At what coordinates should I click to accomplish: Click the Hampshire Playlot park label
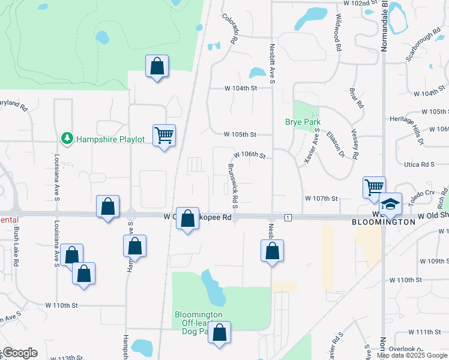point(110,139)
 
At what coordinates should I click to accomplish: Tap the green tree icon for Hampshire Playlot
point(67,139)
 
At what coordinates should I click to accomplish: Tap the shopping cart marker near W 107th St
point(373,188)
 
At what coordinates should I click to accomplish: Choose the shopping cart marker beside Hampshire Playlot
point(164,135)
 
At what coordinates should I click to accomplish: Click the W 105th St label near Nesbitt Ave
point(240,134)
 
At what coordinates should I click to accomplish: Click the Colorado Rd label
point(231,30)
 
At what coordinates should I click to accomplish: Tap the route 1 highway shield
point(289,217)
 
